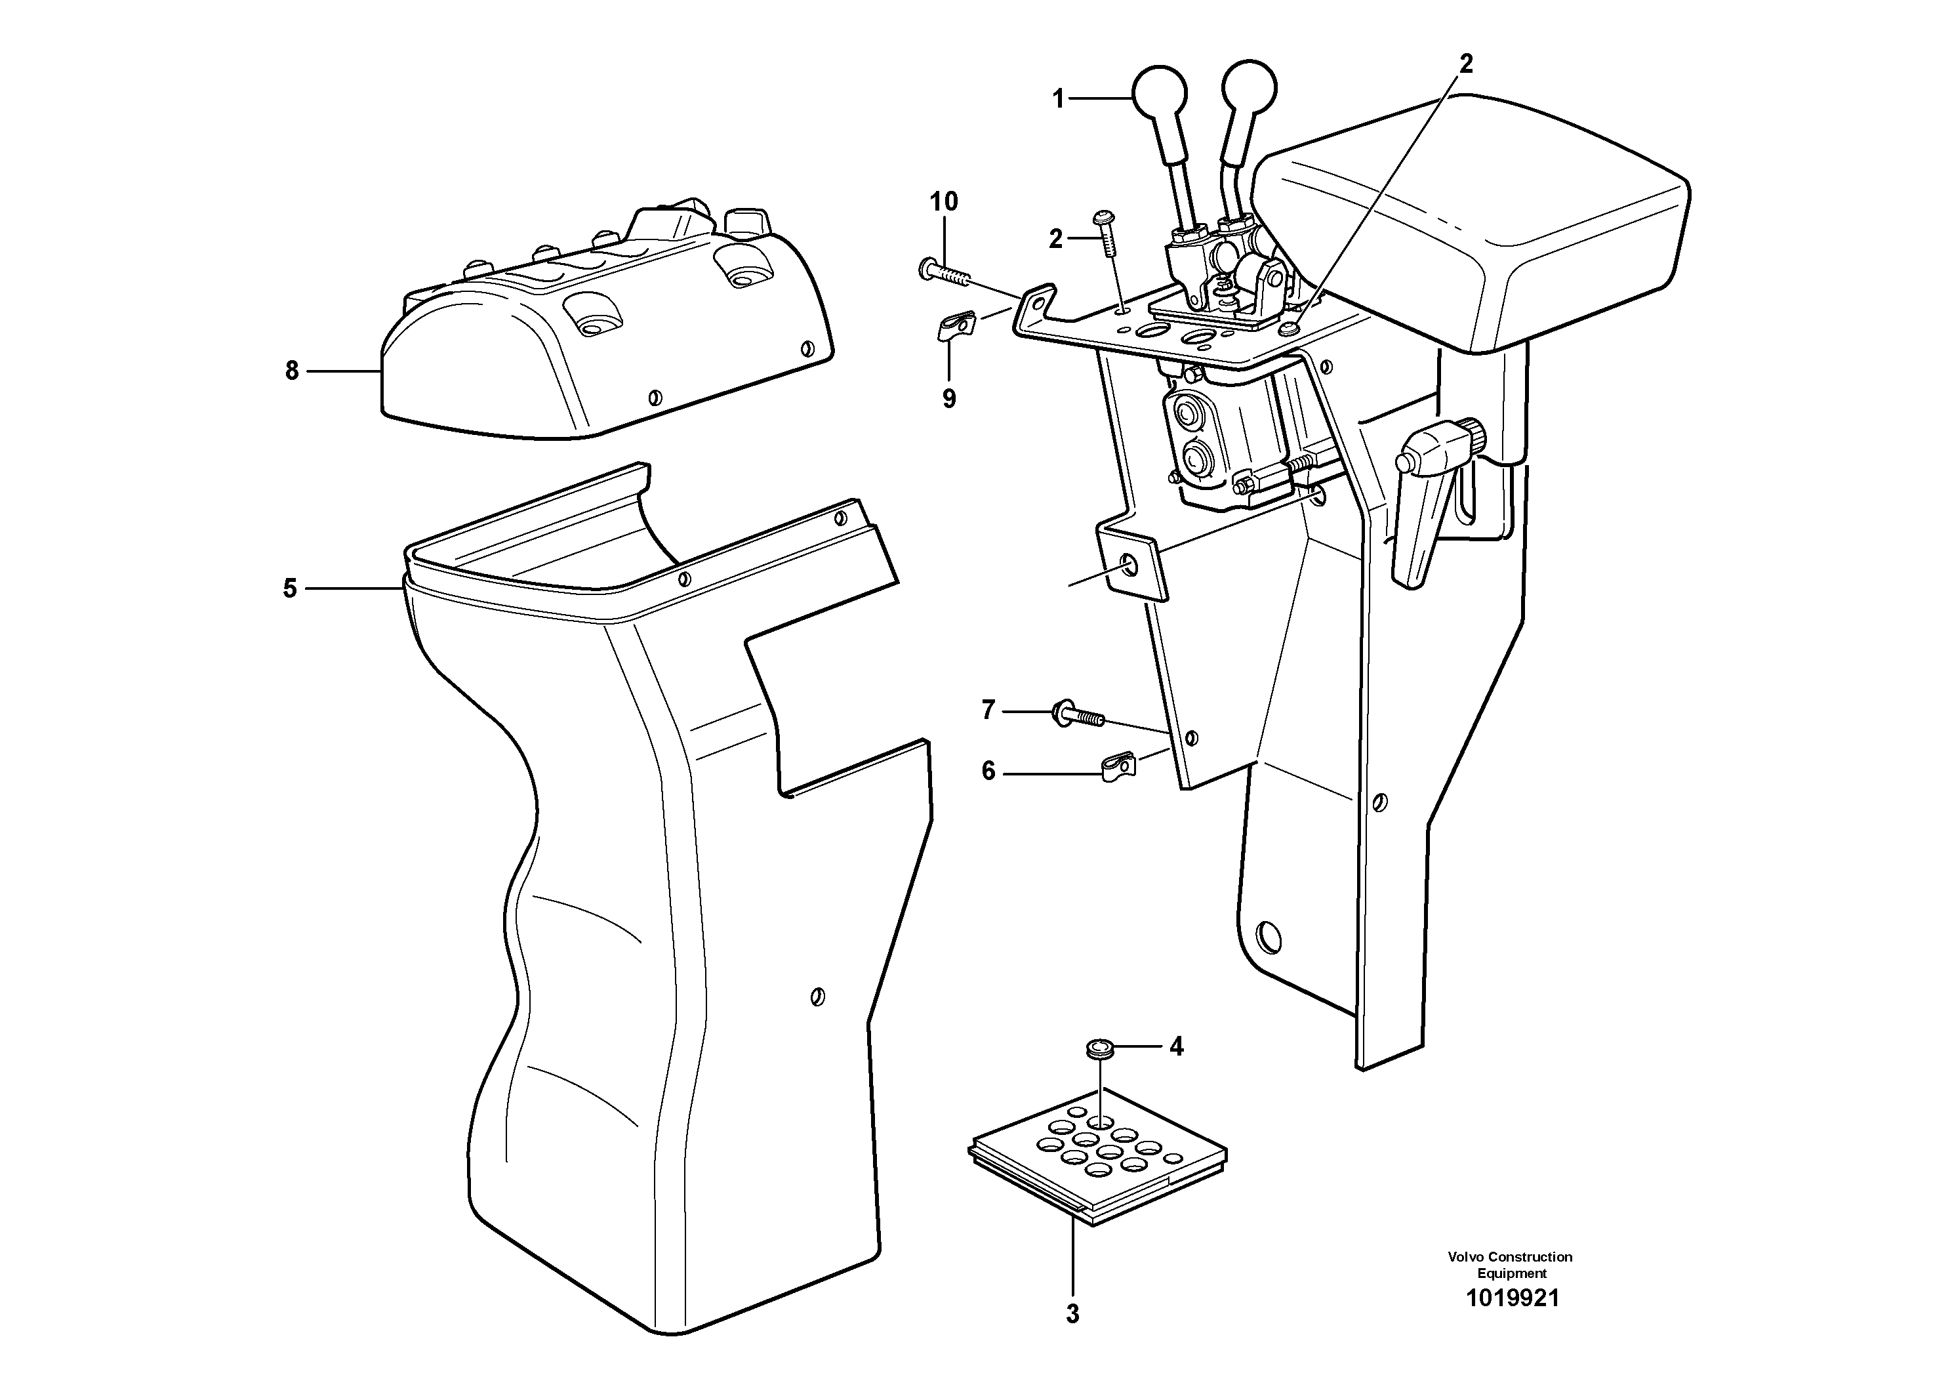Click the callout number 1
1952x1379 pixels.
[x=1057, y=100]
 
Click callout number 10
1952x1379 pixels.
[x=944, y=202]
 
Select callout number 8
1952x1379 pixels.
[x=292, y=371]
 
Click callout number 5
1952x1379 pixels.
[x=290, y=588]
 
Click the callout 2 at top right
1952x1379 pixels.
[x=1466, y=64]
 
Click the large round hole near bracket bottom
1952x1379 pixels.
[x=1268, y=936]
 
